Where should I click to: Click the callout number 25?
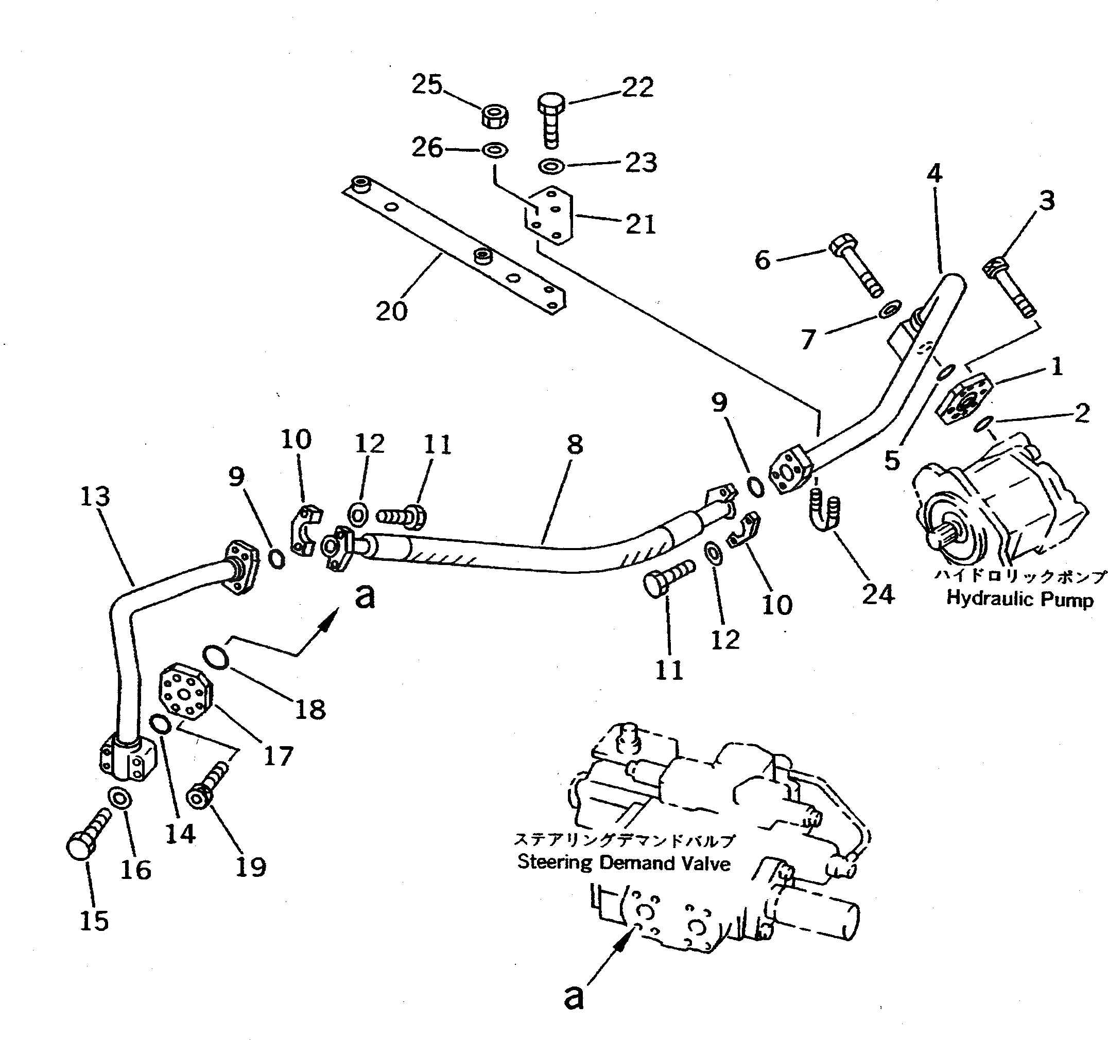tap(427, 85)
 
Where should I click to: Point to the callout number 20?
tap(391, 311)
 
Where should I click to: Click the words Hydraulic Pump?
tap(1019, 598)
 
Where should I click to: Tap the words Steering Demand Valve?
tap(624, 862)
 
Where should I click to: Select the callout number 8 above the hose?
tap(575, 445)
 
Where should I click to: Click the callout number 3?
tap(1047, 201)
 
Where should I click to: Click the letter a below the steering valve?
tap(574, 997)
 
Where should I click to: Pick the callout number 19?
tap(251, 866)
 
